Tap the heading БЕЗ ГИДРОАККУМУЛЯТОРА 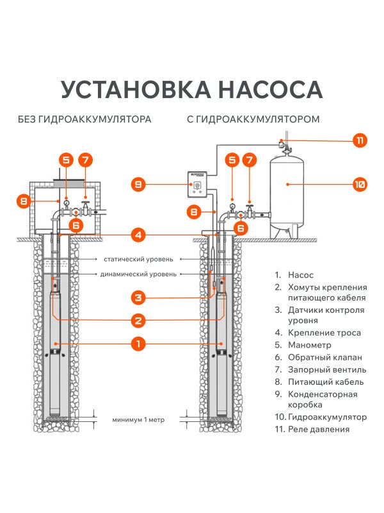click(x=84, y=120)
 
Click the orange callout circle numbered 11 click(x=360, y=140)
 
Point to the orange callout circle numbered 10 click(x=360, y=185)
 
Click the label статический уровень click(x=138, y=259)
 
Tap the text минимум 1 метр click(x=138, y=420)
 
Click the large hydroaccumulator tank click(x=291, y=192)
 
